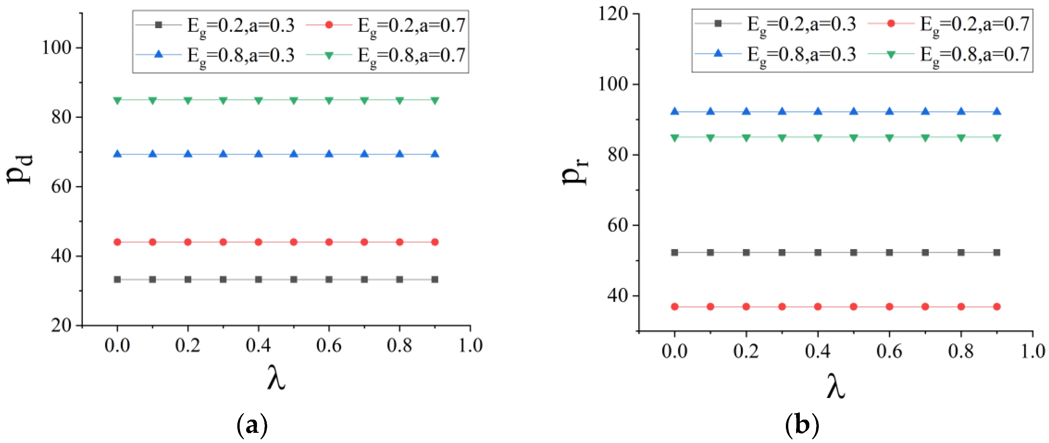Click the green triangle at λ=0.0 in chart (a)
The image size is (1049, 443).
click(117, 100)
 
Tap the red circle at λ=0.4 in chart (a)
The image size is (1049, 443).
click(259, 242)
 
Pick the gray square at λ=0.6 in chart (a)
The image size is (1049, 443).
click(329, 280)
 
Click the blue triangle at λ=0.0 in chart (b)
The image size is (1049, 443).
click(675, 112)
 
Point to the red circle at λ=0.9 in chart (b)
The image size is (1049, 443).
click(997, 307)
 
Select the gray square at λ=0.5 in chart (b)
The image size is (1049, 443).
click(854, 253)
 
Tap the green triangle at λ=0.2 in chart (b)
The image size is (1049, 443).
click(747, 138)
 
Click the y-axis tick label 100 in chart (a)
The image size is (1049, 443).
click(57, 48)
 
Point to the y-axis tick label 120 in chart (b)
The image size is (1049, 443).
click(612, 14)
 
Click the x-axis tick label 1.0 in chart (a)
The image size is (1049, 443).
click(470, 345)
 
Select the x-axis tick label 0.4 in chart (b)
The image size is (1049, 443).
click(818, 351)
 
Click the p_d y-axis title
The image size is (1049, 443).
click(20, 169)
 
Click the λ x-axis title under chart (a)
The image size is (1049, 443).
click(276, 378)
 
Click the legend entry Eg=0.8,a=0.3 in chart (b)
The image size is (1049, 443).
click(801, 55)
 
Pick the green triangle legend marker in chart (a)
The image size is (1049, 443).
click(329, 55)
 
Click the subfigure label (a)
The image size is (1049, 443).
click(252, 425)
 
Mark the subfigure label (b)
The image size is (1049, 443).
click(802, 425)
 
